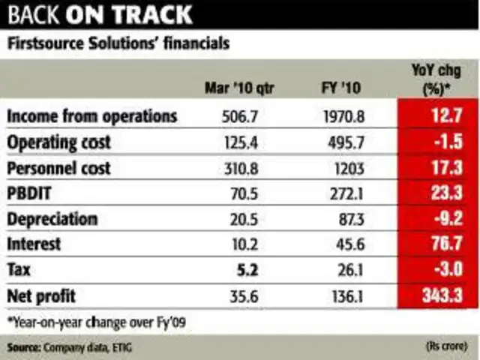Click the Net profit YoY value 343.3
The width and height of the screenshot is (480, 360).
438,295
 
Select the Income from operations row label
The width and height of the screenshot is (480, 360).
92,116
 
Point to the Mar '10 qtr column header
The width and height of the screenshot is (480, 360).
239,89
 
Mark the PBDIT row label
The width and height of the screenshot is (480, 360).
32,193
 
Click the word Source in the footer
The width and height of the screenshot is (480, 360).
23,347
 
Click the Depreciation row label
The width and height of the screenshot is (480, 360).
52,219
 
